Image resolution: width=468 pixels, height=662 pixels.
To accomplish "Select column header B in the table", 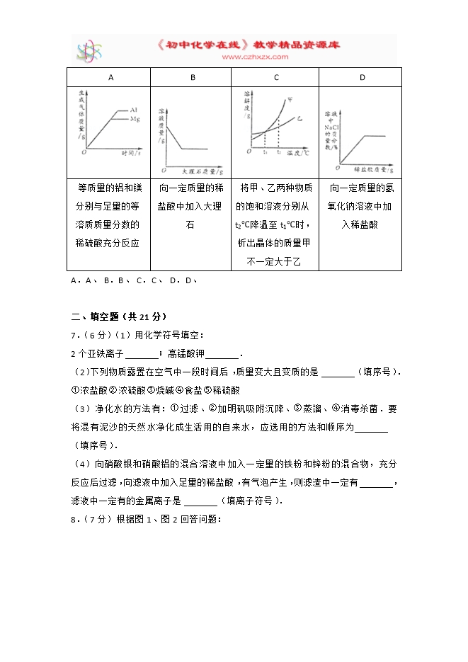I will click(192, 77).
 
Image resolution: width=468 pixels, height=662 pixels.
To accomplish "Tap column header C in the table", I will click(275, 77).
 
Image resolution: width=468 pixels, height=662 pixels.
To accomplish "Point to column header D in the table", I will click(362, 77).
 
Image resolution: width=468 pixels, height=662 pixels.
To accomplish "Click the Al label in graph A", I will click(134, 110).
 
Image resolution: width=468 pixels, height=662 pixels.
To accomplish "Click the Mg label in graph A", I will click(134, 120).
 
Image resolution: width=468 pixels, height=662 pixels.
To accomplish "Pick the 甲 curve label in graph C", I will click(290, 99).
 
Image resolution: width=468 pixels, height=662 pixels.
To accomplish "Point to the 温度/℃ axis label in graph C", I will click(296, 152).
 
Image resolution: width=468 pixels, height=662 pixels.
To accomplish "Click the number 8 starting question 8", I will click(74, 519).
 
